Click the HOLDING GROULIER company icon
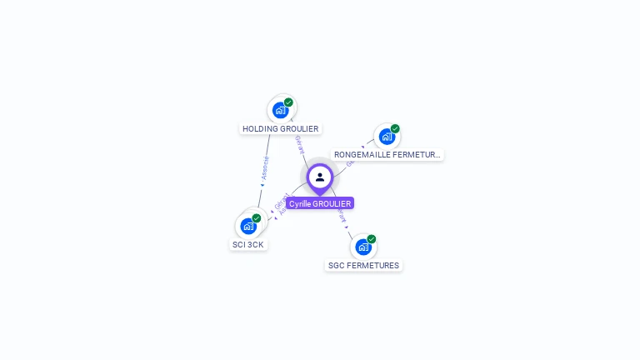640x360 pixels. (281, 109)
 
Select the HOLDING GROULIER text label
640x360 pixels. (281, 129)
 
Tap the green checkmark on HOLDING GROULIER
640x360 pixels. (288, 102)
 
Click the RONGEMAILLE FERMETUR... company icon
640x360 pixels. (387, 136)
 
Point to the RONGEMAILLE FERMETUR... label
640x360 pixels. (387, 155)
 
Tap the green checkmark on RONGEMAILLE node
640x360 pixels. (395, 129)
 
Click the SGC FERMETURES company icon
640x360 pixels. (363, 247)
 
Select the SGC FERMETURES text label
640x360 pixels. (363, 266)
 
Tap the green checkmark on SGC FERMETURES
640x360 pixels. (372, 239)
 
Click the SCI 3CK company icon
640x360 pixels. (248, 225)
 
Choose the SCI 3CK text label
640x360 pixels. (248, 245)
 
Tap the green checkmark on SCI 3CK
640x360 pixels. (257, 218)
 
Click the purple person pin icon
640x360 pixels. (320, 177)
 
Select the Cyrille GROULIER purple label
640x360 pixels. (320, 203)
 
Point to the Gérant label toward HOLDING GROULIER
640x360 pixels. (299, 146)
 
